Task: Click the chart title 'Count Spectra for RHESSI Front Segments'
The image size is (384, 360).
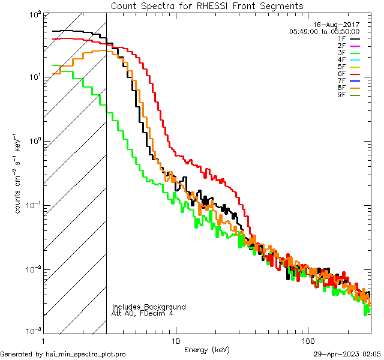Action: click(207, 5)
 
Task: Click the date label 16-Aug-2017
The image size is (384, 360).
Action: click(338, 25)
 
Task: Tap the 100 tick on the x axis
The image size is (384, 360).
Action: click(307, 340)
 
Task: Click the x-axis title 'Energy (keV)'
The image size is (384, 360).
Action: click(206, 349)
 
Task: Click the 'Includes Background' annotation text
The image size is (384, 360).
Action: click(149, 307)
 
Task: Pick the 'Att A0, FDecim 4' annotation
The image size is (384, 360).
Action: click(143, 313)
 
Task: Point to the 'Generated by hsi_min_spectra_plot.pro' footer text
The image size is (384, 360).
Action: click(63, 354)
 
